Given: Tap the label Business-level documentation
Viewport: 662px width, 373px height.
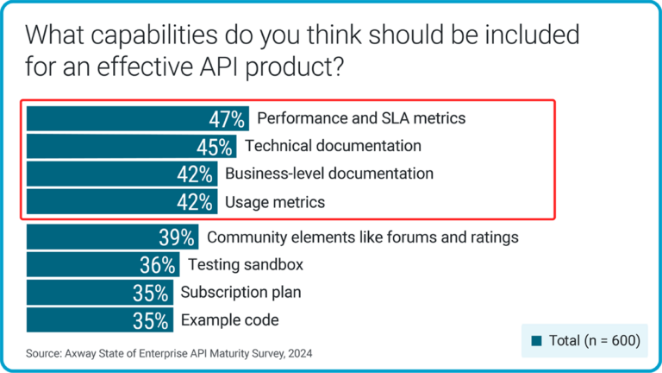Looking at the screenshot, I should [x=328, y=174].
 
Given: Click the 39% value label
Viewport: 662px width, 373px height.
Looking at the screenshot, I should [x=178, y=237].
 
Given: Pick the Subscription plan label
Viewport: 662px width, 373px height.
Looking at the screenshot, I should [x=240, y=293].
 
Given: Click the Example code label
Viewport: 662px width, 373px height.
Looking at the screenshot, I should [x=229, y=320].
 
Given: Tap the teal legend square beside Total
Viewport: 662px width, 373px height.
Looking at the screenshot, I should [x=535, y=341].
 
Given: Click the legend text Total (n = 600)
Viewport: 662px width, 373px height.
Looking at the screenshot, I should [x=594, y=341].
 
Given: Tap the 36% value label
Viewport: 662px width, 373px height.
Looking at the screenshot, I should [x=159, y=265].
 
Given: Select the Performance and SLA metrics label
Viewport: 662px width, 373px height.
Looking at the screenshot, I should [x=361, y=118].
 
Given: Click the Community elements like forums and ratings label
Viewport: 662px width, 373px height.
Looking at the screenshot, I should [x=363, y=237].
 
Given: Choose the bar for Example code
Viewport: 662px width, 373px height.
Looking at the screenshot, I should [x=78, y=320].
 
